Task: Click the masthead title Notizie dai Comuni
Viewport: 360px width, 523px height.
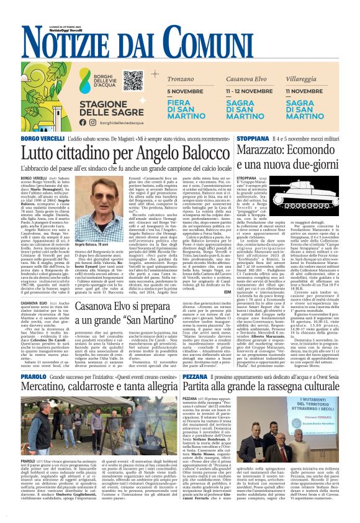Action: point(180,42)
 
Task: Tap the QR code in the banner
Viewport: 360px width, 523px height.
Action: point(133,80)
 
